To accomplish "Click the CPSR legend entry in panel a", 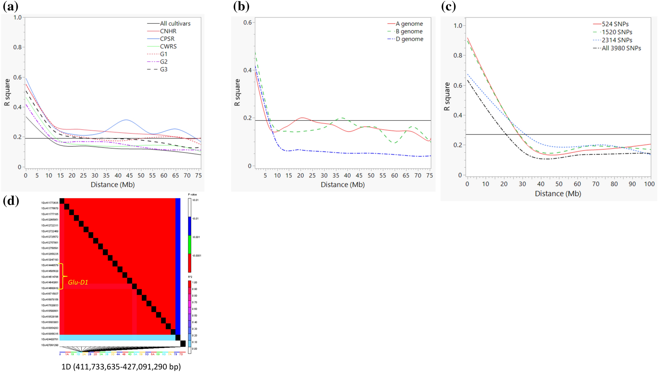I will (167, 39).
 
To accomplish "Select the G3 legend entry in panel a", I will (163, 69).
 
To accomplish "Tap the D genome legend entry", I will (409, 39).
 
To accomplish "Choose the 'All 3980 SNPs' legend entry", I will (621, 48).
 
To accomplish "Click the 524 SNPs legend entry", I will (615, 24).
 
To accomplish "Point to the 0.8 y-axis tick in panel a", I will (17, 47).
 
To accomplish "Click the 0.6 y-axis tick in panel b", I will (247, 22).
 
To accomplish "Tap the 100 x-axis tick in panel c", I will (649, 184).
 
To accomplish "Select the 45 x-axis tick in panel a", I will (129, 176).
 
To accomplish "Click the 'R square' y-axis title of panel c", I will (447, 96).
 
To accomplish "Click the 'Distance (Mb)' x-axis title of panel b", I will (343, 185).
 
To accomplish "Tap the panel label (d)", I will (11, 201).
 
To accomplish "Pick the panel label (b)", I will (241, 6).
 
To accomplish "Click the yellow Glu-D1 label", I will (78, 282).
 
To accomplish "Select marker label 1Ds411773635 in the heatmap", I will (50, 203).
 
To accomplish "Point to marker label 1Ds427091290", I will (50, 345).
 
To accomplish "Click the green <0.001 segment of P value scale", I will (189, 244).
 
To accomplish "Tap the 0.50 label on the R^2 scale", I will (194, 316).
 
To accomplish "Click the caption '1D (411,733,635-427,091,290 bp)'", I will (121, 367).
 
